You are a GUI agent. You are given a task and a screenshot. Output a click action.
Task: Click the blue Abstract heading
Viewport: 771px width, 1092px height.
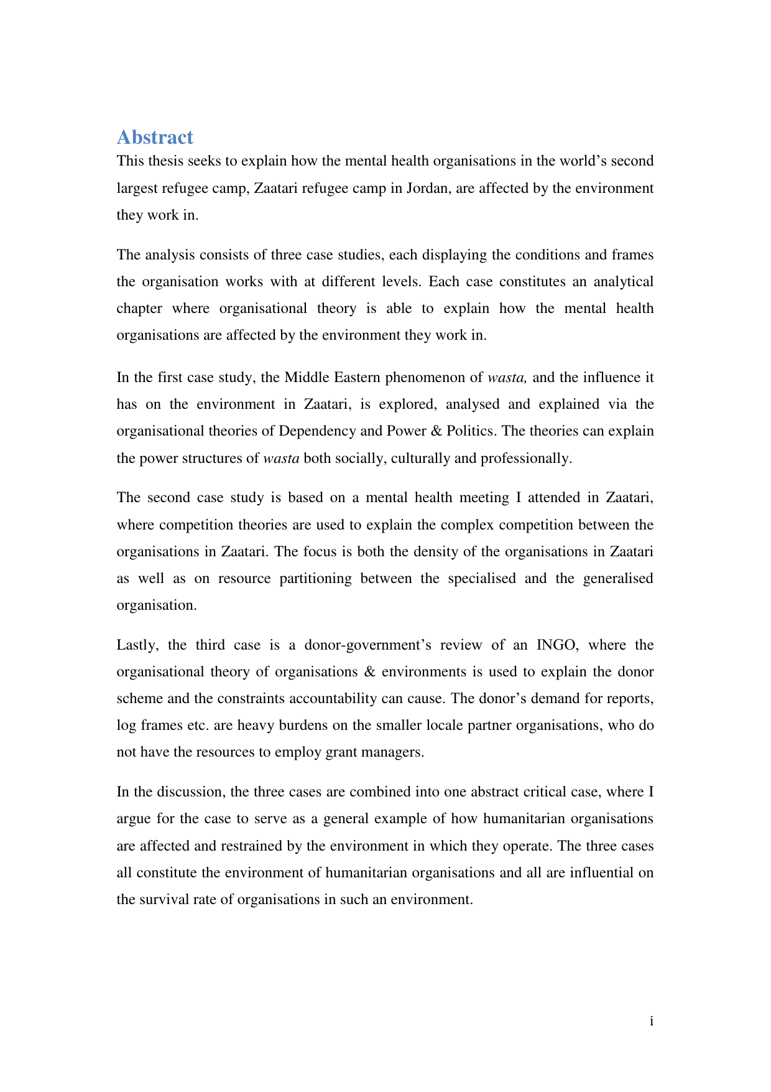click(155, 137)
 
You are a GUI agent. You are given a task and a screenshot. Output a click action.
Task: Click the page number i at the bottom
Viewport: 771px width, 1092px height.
click(651, 1021)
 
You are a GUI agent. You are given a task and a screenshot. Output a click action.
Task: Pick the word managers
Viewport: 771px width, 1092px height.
click(397, 752)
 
